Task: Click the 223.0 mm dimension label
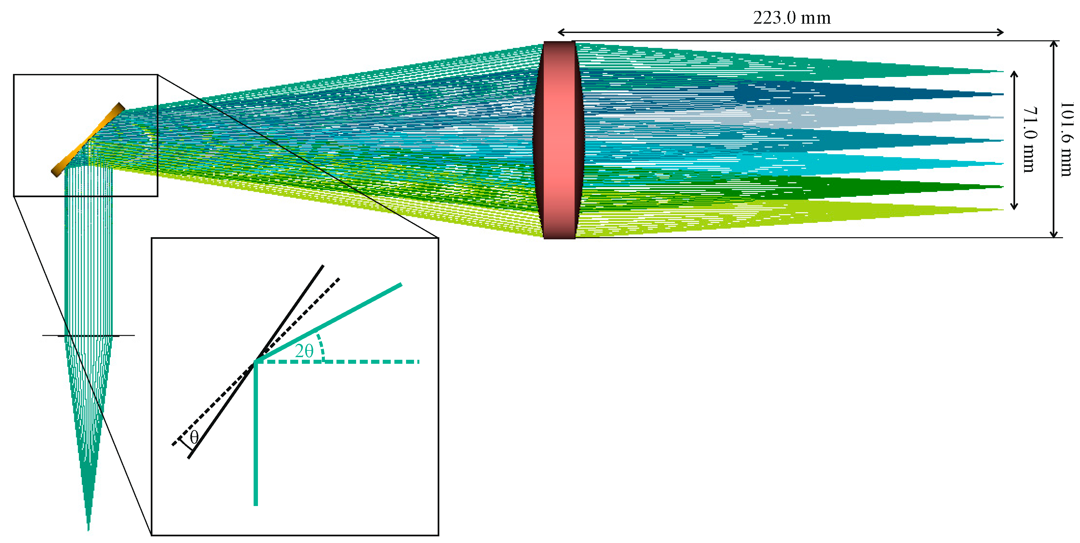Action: [791, 18]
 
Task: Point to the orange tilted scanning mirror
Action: [88, 140]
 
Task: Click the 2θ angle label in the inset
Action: [304, 351]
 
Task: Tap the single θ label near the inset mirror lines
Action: [194, 437]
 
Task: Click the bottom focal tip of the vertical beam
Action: [88, 531]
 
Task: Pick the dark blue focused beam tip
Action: [1003, 94]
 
